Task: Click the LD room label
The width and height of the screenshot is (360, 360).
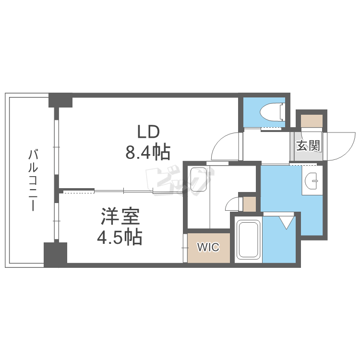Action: click(148, 132)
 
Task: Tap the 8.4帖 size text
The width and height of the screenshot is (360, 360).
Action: click(148, 152)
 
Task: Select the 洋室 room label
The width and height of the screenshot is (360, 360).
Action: click(120, 216)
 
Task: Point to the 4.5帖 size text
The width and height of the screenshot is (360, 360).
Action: click(120, 237)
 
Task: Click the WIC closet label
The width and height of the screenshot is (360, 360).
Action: click(208, 247)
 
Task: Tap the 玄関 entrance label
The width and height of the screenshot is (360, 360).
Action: click(308, 146)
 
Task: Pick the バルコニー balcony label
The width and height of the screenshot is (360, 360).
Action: click(33, 180)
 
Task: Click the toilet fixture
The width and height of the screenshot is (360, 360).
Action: click(273, 112)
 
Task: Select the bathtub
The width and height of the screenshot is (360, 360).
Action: click(248, 240)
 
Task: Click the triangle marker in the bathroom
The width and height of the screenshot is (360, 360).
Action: click(287, 222)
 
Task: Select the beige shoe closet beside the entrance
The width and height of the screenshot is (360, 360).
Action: click(312, 121)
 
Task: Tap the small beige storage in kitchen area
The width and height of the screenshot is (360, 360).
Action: click(249, 204)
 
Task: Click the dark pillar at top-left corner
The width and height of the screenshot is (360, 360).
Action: click(60, 100)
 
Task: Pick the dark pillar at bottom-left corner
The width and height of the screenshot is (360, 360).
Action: click(55, 255)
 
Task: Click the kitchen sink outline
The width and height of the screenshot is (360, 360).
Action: click(198, 180)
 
